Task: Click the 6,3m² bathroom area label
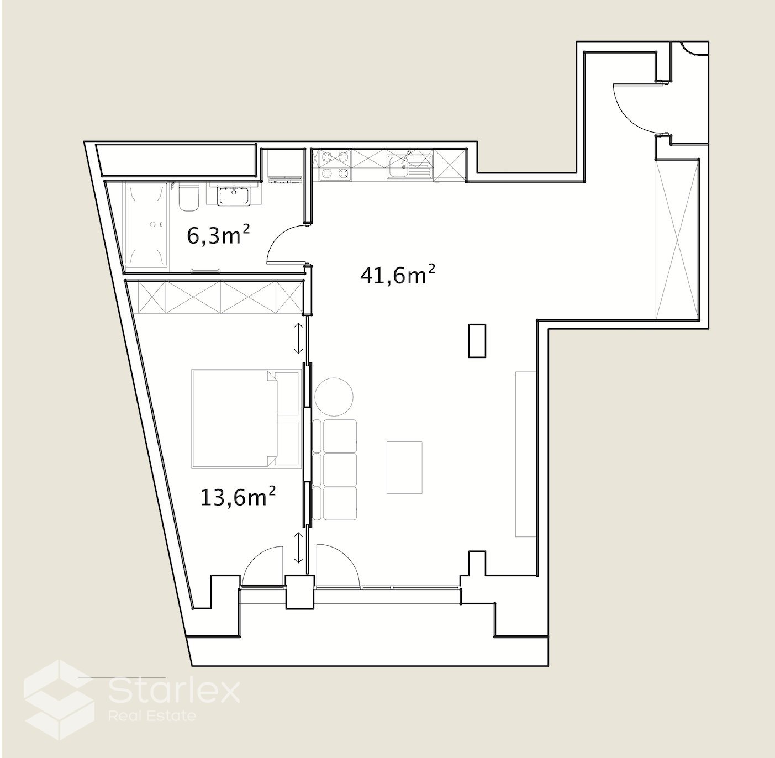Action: [x=218, y=236]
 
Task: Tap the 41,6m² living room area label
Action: [x=398, y=275]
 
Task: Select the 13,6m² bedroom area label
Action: [x=238, y=497]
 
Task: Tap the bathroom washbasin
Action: [x=233, y=196]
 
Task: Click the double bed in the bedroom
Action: [x=245, y=418]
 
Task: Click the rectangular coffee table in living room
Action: [x=404, y=467]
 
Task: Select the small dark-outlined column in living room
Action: [x=477, y=340]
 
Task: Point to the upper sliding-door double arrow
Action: [x=298, y=338]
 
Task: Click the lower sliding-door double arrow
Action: [x=298, y=549]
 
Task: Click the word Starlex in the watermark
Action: [x=174, y=692]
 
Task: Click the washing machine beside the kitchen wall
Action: [x=285, y=166]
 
